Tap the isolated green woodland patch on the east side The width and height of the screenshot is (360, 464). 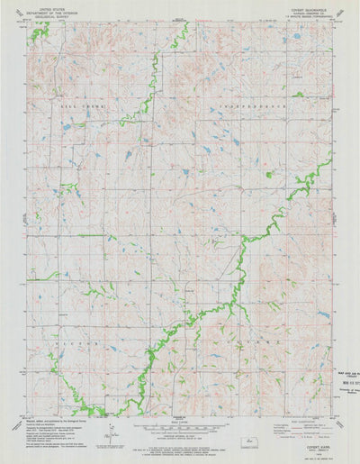[267, 172]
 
